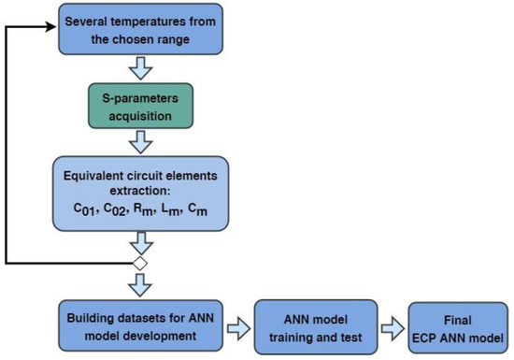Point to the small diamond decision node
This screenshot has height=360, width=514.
pyautogui.click(x=139, y=264)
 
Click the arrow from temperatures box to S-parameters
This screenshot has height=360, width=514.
pyautogui.click(x=139, y=68)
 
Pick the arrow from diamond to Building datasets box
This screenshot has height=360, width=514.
pyautogui.click(x=139, y=282)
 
